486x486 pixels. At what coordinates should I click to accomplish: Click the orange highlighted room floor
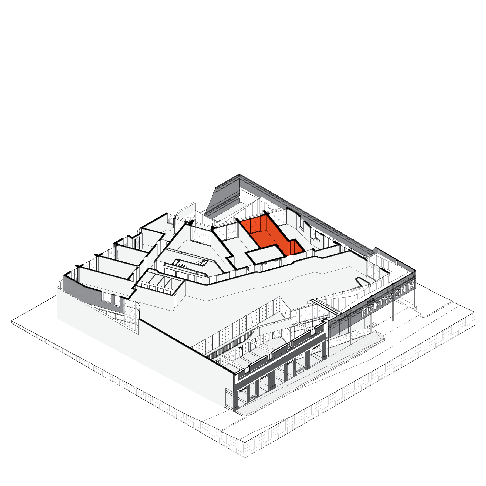click(273, 238)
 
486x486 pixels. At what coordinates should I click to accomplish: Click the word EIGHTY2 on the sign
click(377, 305)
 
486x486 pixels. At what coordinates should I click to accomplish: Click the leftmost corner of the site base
click(12, 322)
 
